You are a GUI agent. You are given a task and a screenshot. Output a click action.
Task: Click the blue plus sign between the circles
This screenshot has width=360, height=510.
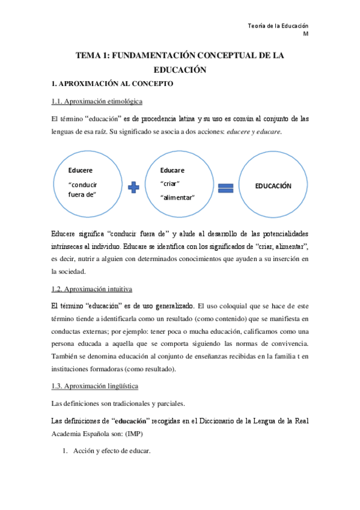tap(133, 188)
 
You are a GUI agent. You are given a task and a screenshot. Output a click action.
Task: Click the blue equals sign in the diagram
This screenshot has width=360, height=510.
tap(225, 188)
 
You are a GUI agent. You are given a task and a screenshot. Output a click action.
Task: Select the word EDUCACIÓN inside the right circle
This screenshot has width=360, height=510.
tap(273, 186)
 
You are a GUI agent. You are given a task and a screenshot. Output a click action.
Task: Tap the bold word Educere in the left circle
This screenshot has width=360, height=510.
tap(81, 171)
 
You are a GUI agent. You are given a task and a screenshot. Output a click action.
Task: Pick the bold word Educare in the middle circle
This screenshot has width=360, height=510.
tap(172, 170)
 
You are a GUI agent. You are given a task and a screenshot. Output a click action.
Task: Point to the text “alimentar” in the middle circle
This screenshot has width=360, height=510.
tap(178, 197)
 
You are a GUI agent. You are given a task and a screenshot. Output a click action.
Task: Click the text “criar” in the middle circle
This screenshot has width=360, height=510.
tap(171, 183)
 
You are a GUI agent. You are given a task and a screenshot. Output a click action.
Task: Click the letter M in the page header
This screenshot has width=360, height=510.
tap(305, 34)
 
